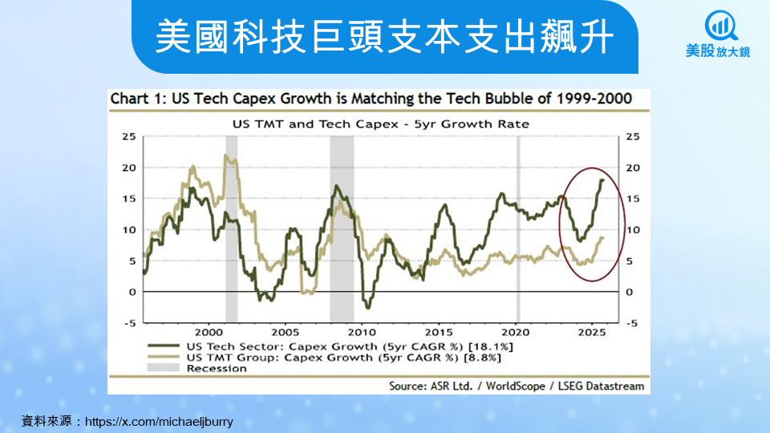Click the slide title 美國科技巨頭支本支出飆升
coord(384,36)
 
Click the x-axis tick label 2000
coord(208,331)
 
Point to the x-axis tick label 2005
coord(285,331)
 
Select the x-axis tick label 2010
coord(362,331)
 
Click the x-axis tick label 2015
coord(438,331)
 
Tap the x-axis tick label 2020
coord(515,331)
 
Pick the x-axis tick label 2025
coord(592,331)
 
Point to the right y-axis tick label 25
coord(633,136)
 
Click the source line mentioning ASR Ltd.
coord(517,386)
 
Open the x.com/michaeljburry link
coord(159,420)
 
